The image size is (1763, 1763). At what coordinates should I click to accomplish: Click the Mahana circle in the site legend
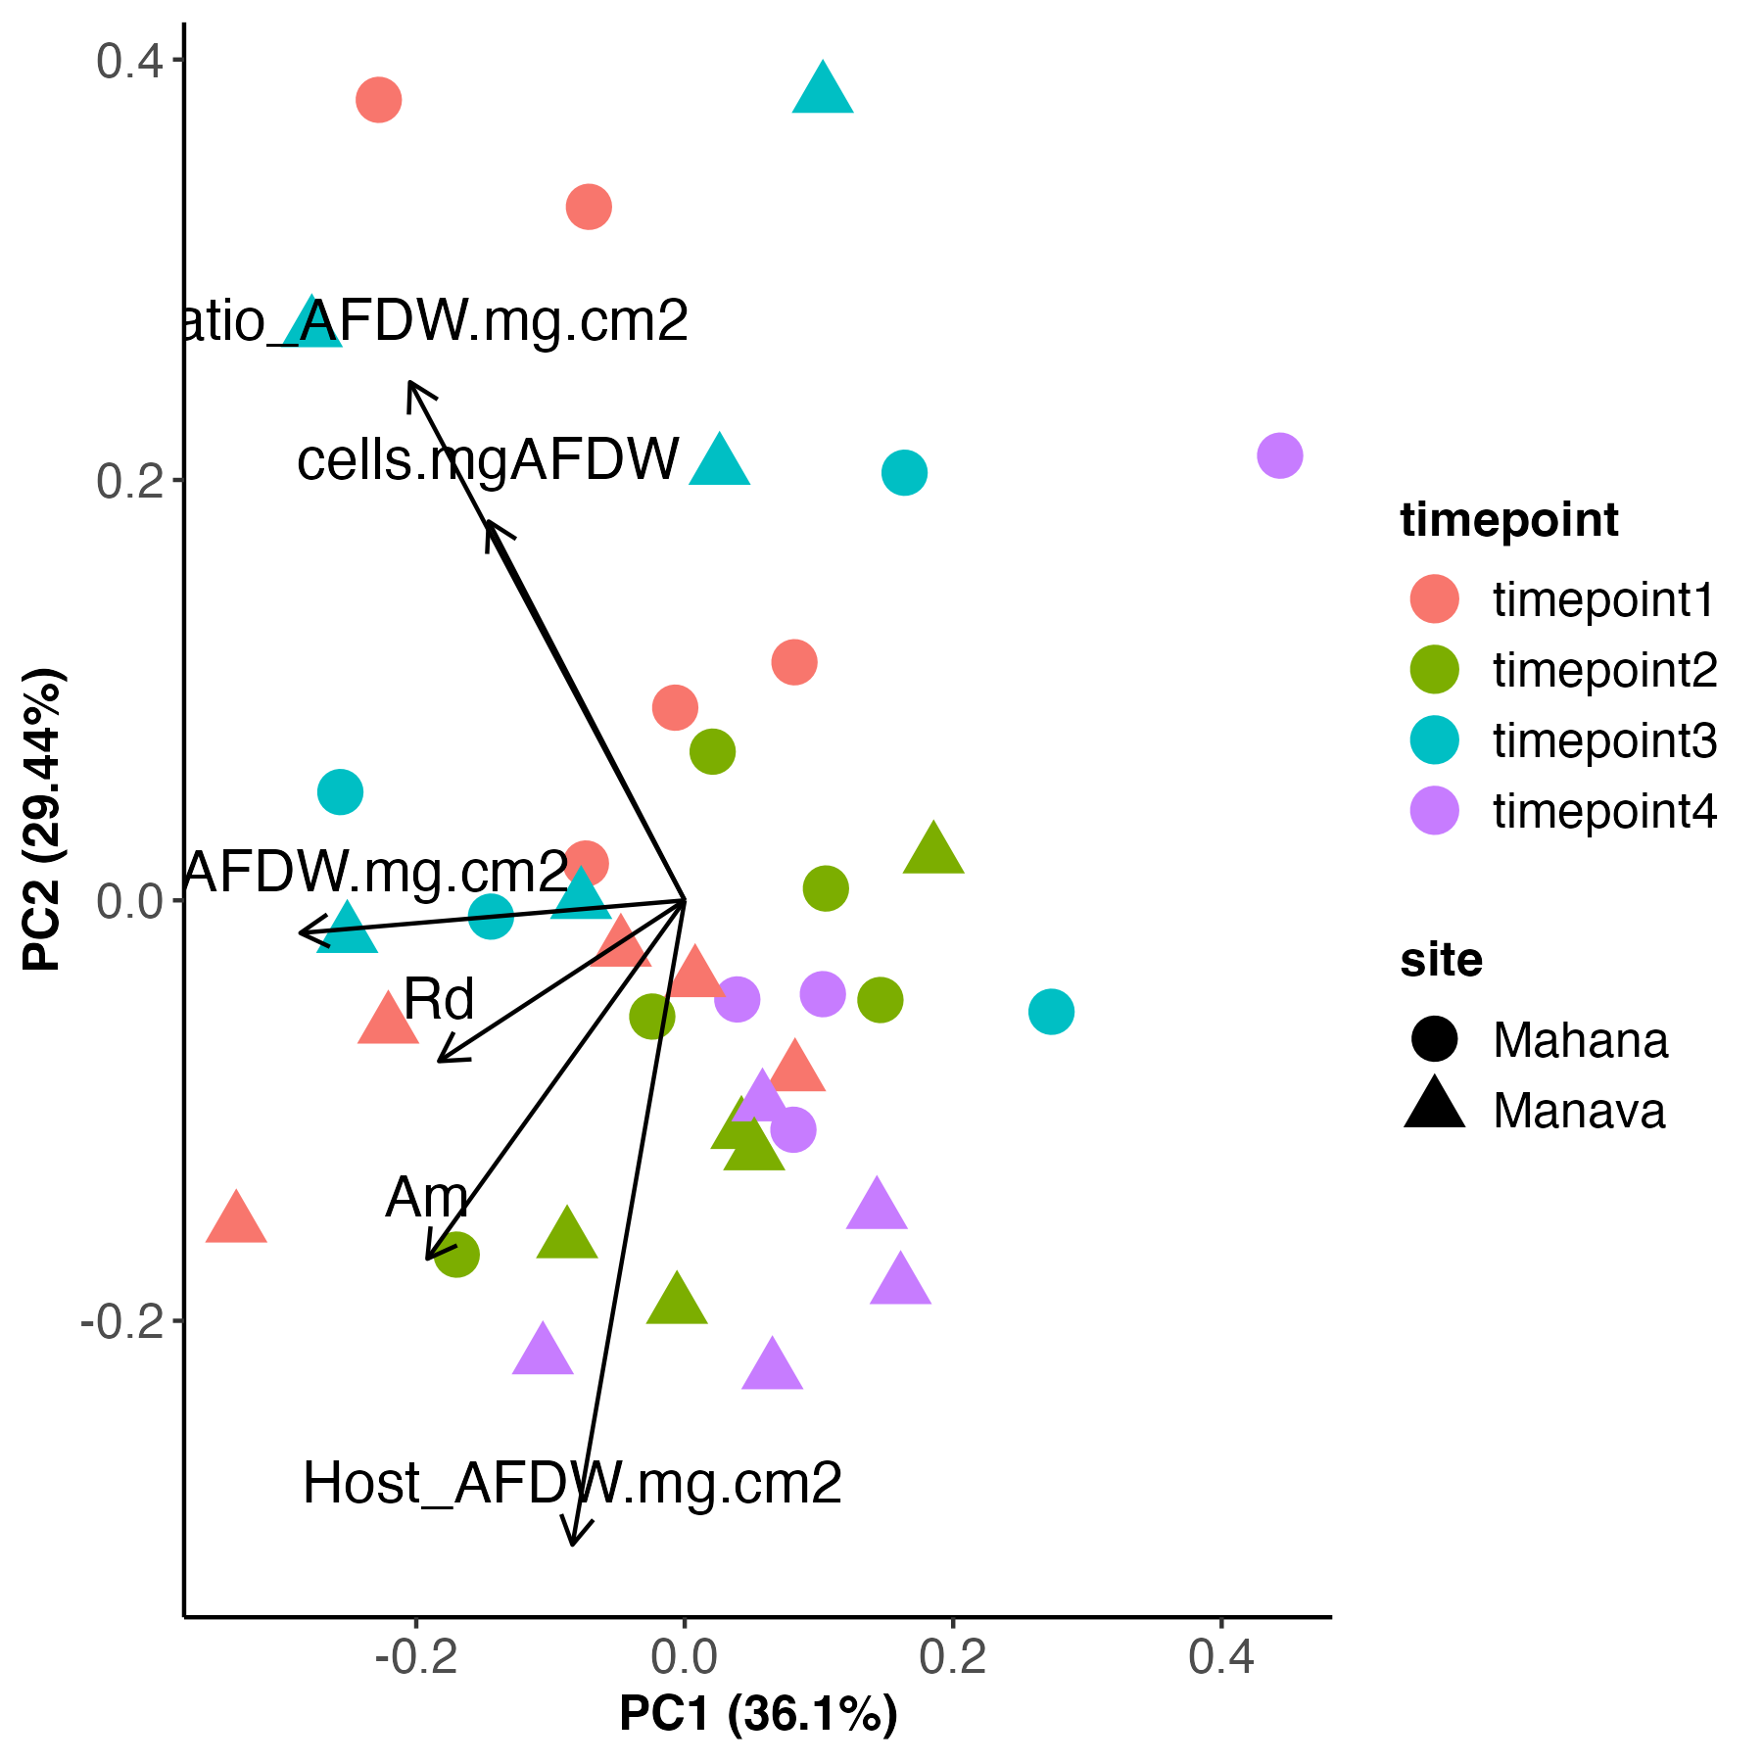point(1435,1039)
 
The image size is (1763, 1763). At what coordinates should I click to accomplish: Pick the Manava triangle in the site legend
point(1435,1105)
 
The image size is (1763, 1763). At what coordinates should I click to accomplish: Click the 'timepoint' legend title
point(1509,519)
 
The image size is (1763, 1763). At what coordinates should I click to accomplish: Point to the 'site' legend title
point(1441,960)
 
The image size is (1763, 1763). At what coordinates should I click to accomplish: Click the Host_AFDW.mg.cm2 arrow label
point(572,1483)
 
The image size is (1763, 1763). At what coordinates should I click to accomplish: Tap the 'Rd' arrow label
point(439,1000)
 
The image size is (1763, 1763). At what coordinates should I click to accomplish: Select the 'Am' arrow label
point(427,1198)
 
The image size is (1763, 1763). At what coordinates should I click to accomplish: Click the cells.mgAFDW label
point(488,460)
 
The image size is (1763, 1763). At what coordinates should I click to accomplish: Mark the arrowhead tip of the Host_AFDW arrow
point(572,1545)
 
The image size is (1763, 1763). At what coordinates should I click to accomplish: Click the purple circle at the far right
point(1279,455)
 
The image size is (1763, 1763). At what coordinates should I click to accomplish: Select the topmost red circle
point(379,99)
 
